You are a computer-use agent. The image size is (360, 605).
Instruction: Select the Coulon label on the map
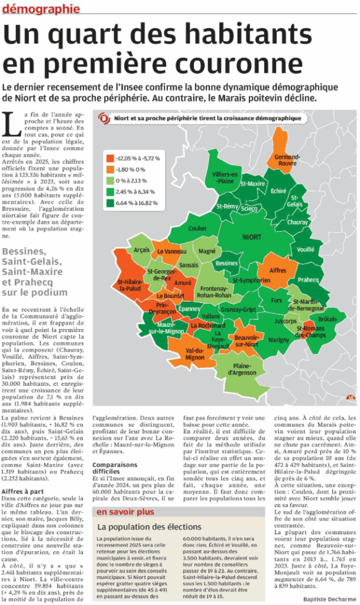point(197,228)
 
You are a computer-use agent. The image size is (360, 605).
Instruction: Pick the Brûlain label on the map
point(331,319)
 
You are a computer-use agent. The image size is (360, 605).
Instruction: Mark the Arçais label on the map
point(142,251)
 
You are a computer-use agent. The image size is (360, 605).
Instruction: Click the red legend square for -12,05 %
point(109,158)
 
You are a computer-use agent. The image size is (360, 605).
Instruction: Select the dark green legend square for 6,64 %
point(109,203)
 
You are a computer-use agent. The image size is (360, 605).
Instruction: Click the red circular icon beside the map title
point(105,119)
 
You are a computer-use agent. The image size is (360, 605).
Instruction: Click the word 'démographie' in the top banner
point(41,8)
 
